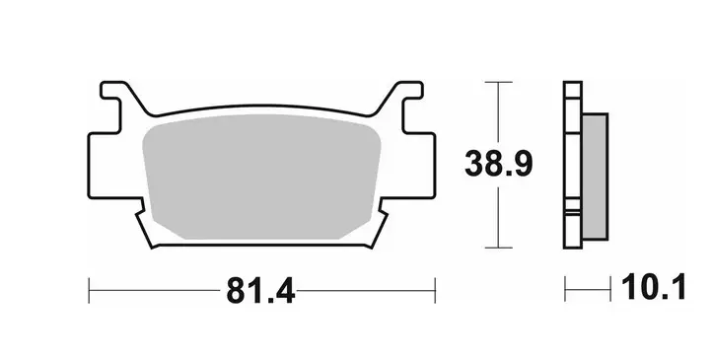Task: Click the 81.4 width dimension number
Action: [261, 290]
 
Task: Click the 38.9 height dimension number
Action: [498, 164]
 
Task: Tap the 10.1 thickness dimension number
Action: [654, 287]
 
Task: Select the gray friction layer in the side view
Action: [595, 177]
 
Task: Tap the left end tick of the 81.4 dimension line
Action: [89, 290]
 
